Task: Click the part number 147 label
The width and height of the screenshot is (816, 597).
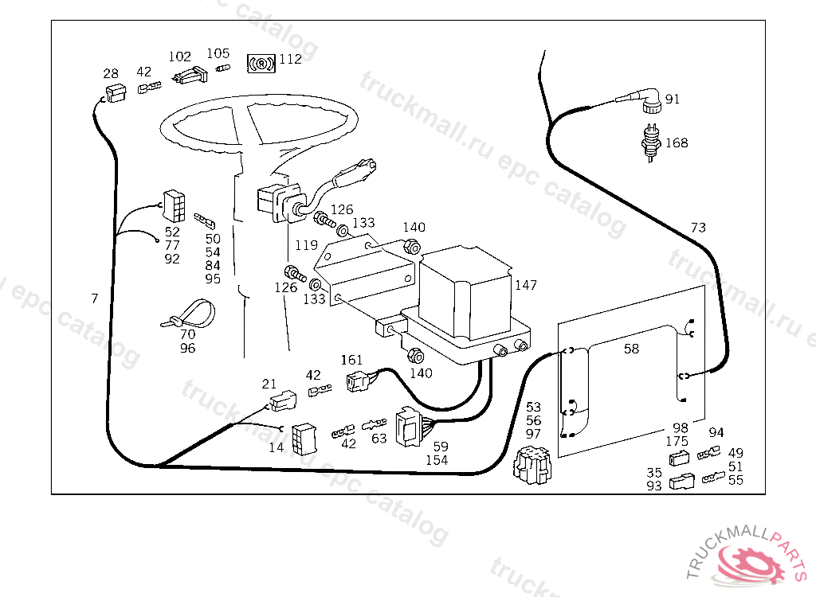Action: click(x=525, y=285)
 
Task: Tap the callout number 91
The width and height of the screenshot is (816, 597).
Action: click(x=673, y=99)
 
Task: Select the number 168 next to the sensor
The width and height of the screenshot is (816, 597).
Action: click(x=677, y=143)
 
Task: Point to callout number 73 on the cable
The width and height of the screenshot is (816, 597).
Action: click(x=698, y=228)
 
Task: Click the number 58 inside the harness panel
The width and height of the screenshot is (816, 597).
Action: click(x=631, y=349)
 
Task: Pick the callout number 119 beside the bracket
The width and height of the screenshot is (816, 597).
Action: click(x=308, y=245)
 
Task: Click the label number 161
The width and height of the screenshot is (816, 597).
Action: click(x=351, y=360)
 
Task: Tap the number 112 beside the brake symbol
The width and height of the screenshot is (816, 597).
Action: click(x=290, y=59)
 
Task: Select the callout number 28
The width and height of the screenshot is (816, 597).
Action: click(x=111, y=74)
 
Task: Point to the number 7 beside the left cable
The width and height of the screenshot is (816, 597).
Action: click(x=95, y=298)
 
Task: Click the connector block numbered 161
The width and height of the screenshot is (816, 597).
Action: click(x=357, y=382)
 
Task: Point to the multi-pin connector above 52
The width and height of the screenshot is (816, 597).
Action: click(x=175, y=206)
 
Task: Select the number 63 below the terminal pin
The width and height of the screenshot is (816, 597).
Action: click(x=379, y=439)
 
